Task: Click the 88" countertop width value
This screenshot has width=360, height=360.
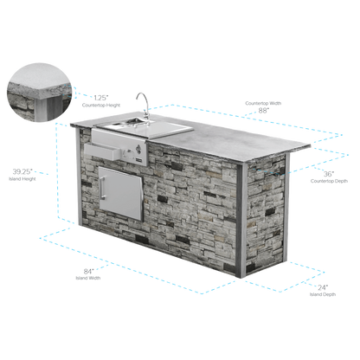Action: coord(264,111)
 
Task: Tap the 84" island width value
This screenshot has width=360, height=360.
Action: coord(88,272)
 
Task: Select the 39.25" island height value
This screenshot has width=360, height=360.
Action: coord(22,171)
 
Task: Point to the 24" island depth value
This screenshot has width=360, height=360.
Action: coord(323,287)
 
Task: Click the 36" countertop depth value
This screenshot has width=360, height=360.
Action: coord(329,174)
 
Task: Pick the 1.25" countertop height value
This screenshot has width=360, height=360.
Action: coord(101,98)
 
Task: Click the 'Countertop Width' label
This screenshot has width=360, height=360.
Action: coord(263,103)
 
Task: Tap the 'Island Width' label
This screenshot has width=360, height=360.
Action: coord(88,278)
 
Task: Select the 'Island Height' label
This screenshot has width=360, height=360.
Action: coord(22,179)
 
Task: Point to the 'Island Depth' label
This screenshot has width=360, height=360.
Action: coord(323,294)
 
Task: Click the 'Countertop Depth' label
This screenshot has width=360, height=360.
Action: coord(329,181)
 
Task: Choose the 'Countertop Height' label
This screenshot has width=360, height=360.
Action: coord(101,106)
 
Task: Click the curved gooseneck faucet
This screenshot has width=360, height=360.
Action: coord(144,106)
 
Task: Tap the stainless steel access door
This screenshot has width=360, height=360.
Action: coord(120,193)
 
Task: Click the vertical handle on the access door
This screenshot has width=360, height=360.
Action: coord(102,188)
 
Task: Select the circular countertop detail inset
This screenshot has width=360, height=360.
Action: coord(39,93)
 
